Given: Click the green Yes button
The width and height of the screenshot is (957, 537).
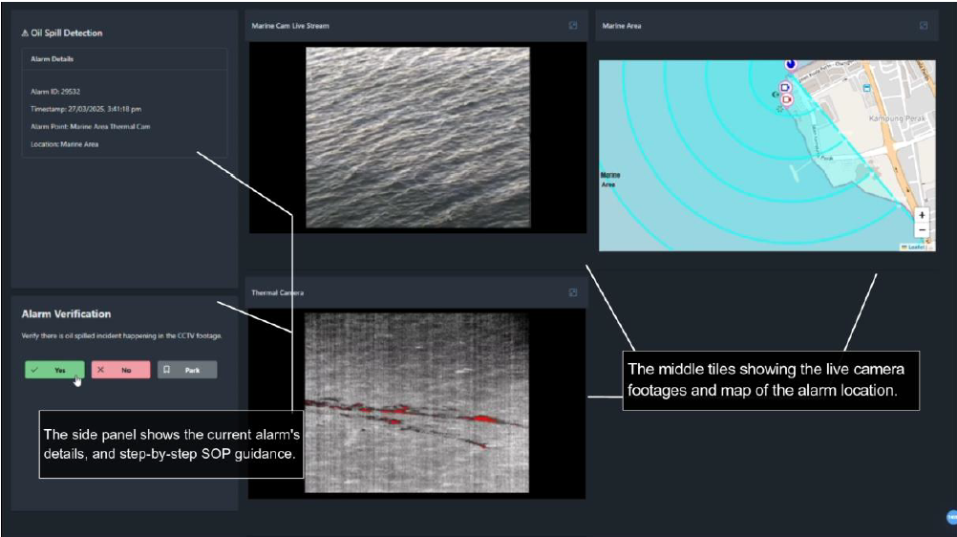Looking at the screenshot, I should coord(54,370).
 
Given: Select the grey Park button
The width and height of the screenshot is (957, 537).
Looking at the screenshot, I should coord(187,370).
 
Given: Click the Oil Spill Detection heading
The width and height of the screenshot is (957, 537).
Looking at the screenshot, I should coord(62,33).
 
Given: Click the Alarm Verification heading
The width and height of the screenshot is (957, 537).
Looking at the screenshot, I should coord(66,313).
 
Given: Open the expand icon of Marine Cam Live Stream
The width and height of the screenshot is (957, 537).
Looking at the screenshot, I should coord(572,26).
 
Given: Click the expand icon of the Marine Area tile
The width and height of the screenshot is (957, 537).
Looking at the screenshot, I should coord(924,26).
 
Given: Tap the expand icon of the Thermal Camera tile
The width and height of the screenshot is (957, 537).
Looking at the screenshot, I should coord(572,292).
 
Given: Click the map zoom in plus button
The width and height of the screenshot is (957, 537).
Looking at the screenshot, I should coord(922,215).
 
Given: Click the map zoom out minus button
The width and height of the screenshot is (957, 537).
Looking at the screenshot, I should coord(922,230).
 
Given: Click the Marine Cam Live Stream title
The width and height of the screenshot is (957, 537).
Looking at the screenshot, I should coord(290,26).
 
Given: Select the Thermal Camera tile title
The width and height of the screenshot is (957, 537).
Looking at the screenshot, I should coord(278,292).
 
